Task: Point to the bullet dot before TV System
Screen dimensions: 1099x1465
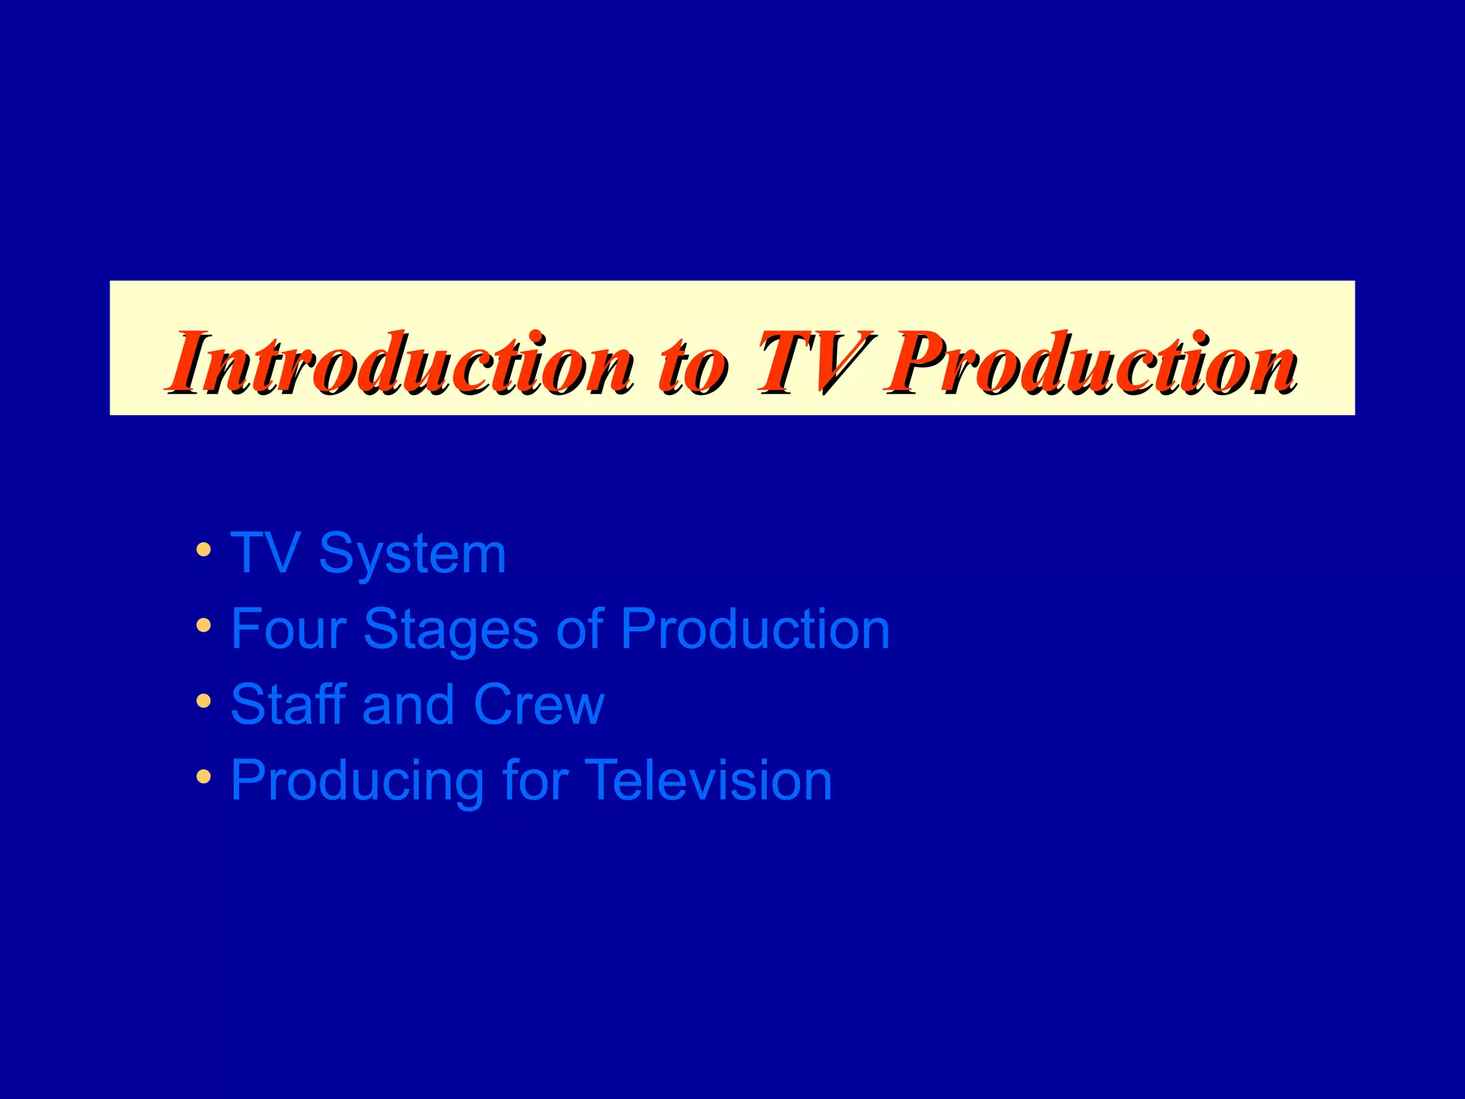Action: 204,550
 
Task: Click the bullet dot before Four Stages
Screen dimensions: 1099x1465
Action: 204,626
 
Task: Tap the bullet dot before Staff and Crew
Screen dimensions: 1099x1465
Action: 204,701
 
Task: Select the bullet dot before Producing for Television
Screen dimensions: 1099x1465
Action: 204,776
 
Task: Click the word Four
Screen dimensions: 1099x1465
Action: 288,629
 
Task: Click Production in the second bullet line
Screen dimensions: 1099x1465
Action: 755,629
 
